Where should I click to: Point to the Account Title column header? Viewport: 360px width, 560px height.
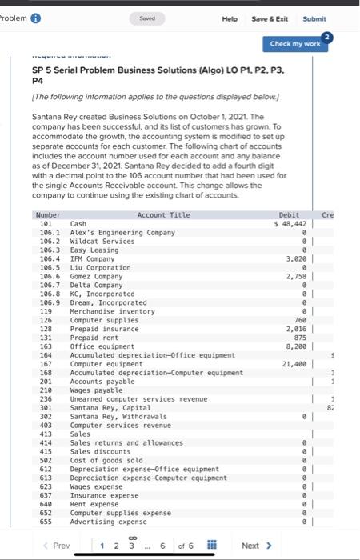coord(163,215)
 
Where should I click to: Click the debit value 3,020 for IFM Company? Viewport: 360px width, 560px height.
coord(296,258)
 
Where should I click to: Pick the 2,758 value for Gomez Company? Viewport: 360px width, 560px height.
coord(296,276)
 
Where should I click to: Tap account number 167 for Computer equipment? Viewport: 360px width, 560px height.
coord(46,364)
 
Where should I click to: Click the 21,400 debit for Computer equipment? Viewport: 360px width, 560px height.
coord(294,364)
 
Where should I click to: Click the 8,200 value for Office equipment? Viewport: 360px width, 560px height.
coord(296,346)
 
